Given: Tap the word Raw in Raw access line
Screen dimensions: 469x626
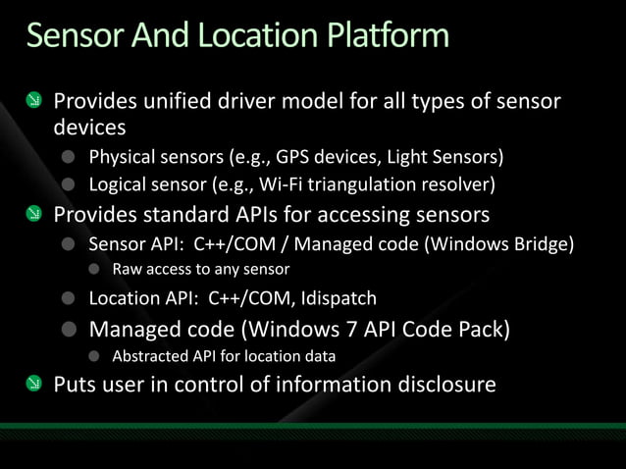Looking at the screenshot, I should [x=128, y=269].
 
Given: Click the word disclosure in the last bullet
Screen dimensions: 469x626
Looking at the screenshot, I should [x=446, y=384].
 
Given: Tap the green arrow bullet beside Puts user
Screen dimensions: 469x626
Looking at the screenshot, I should [x=33, y=384].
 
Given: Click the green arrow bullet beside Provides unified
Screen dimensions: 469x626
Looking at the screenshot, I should [x=33, y=101].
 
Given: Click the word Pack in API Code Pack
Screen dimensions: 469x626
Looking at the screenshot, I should [x=478, y=328].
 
